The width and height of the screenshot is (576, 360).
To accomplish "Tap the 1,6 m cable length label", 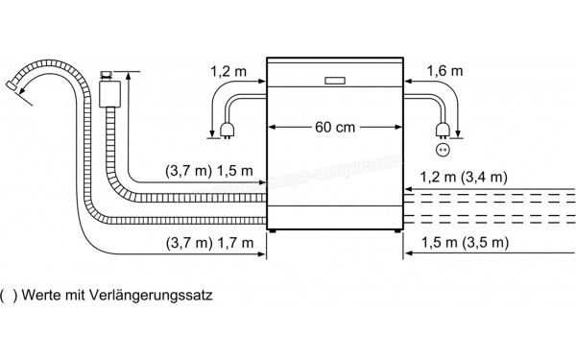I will pyautogui.click(x=444, y=71).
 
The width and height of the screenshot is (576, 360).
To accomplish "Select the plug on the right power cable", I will pyautogui.click(x=443, y=131).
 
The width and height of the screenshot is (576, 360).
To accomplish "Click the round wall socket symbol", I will pyautogui.click(x=443, y=149).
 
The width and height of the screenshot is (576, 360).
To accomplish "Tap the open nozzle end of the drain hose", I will pyautogui.click(x=13, y=87).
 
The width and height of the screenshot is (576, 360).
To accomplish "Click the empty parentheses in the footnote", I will pyautogui.click(x=10, y=296).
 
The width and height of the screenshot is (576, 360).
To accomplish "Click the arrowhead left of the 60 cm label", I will pyautogui.click(x=273, y=127).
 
